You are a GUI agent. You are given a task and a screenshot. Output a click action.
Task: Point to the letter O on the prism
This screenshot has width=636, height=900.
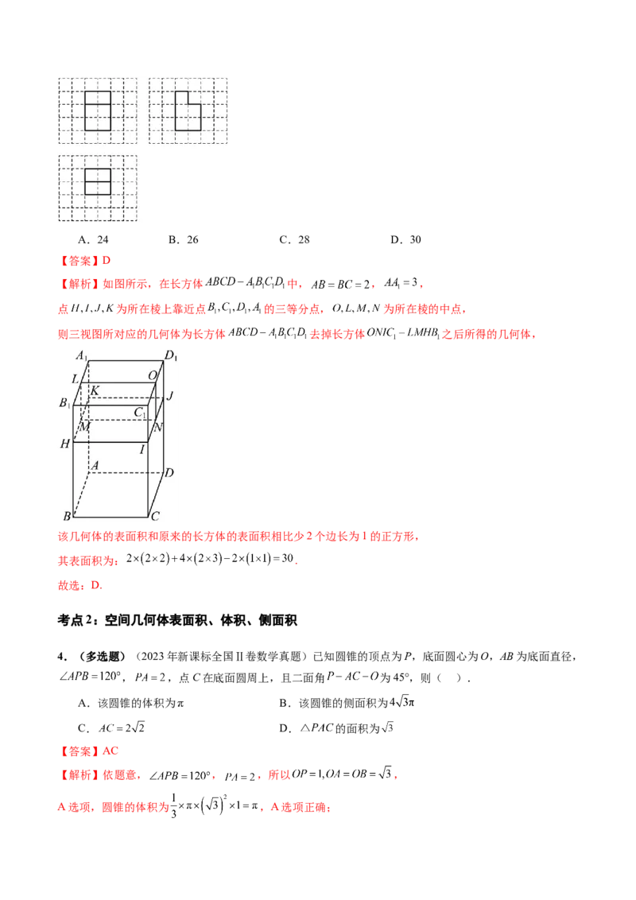(x=152, y=375)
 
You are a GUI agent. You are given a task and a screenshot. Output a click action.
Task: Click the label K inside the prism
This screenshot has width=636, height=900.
(x=95, y=390)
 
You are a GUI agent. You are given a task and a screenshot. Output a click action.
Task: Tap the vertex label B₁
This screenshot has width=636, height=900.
(x=65, y=403)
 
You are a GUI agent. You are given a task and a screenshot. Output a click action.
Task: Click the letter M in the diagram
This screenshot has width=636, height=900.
(x=84, y=428)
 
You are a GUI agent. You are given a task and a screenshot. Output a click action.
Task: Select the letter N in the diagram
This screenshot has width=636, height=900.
(x=158, y=427)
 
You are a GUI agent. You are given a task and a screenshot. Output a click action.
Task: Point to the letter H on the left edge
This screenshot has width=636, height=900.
(x=65, y=444)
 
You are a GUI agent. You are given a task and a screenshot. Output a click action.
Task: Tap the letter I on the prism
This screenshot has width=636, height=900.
(x=143, y=450)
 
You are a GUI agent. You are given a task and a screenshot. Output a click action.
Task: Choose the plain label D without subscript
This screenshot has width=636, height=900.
(x=169, y=473)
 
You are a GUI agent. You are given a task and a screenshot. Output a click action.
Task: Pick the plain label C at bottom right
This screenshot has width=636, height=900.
(x=156, y=515)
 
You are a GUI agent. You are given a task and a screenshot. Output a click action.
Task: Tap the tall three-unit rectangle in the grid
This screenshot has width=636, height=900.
(x=97, y=111)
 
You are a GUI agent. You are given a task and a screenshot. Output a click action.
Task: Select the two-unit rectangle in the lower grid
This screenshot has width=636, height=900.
(x=97, y=181)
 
